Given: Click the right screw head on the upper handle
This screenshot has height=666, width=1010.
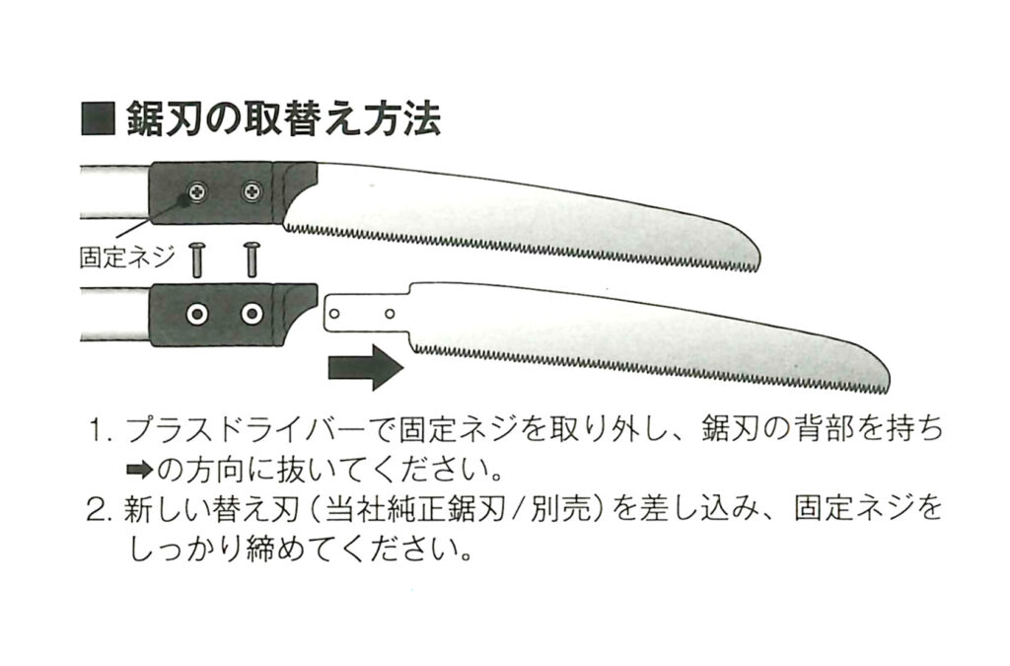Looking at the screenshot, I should [253, 190].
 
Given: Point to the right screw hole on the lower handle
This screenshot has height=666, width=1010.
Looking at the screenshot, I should [252, 315].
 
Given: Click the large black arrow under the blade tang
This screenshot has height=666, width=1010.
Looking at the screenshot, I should [365, 368].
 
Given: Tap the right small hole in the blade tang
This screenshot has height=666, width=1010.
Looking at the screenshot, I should [391, 313].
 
